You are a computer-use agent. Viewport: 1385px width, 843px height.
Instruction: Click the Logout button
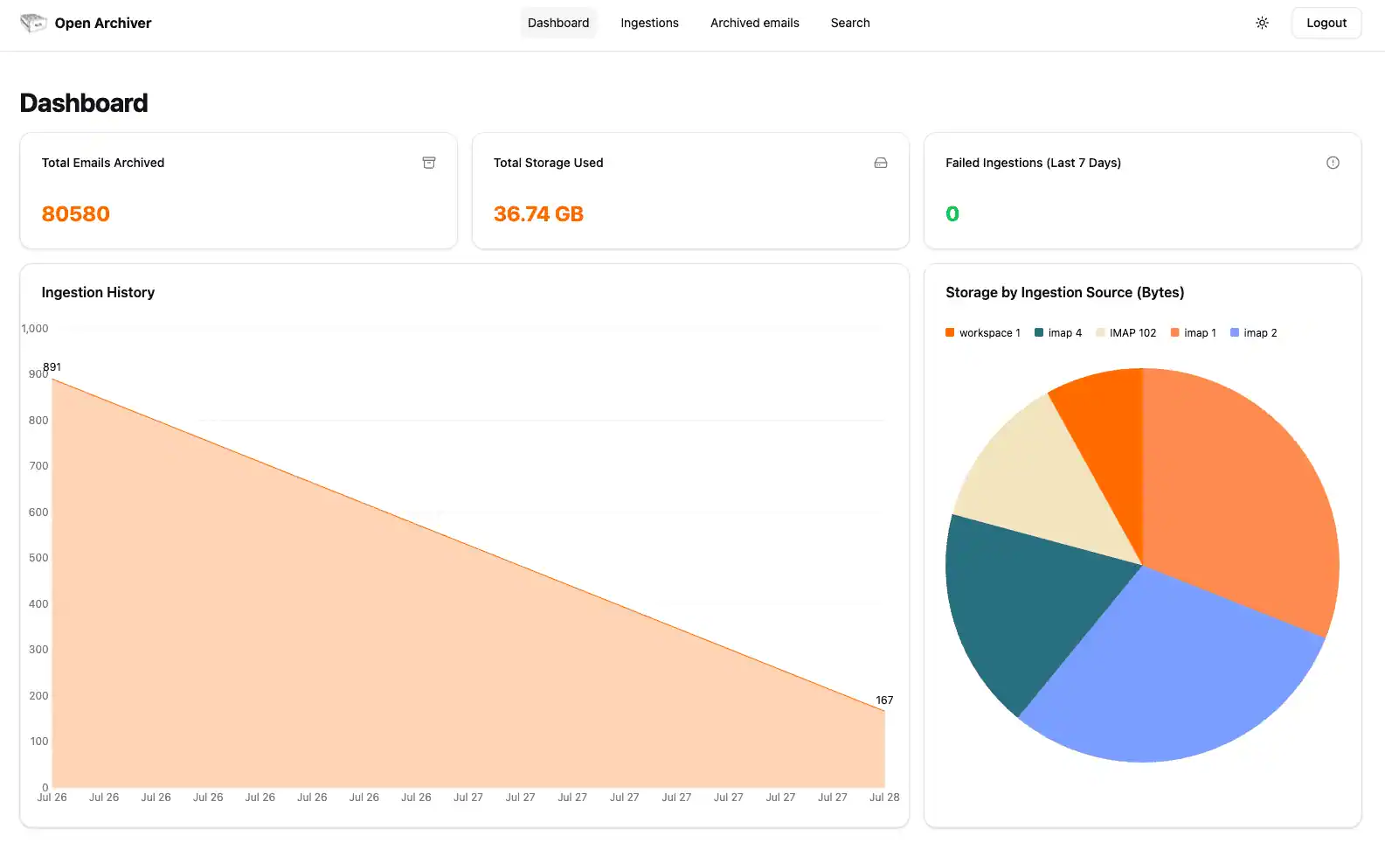tap(1326, 23)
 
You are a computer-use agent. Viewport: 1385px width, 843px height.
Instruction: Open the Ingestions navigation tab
tap(649, 23)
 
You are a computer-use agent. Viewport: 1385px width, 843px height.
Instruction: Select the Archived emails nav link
tap(754, 23)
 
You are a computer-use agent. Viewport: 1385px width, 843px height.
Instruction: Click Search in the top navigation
tap(849, 23)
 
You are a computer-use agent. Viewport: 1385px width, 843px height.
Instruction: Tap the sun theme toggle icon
tap(1262, 23)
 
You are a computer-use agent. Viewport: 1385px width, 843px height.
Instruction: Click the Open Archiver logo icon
tap(33, 23)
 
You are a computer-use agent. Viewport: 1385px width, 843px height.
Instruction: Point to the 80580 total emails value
tap(76, 214)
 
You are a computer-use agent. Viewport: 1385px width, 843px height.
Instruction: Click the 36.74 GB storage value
tap(538, 214)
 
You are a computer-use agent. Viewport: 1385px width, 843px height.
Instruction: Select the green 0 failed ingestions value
tap(952, 214)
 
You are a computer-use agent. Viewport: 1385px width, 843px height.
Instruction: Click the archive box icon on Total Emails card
tap(429, 163)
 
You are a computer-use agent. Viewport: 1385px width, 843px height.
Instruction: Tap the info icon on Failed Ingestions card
tap(1333, 163)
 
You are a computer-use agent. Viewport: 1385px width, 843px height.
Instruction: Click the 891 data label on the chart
tap(52, 367)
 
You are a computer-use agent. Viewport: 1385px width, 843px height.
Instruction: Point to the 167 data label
tap(884, 700)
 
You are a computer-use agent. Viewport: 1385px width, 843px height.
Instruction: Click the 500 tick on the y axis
tap(38, 558)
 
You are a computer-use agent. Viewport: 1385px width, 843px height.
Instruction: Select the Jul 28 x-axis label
tap(884, 798)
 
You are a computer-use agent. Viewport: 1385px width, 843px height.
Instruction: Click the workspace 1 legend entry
tap(983, 333)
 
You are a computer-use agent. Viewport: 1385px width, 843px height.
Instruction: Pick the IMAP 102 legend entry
tap(1126, 333)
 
